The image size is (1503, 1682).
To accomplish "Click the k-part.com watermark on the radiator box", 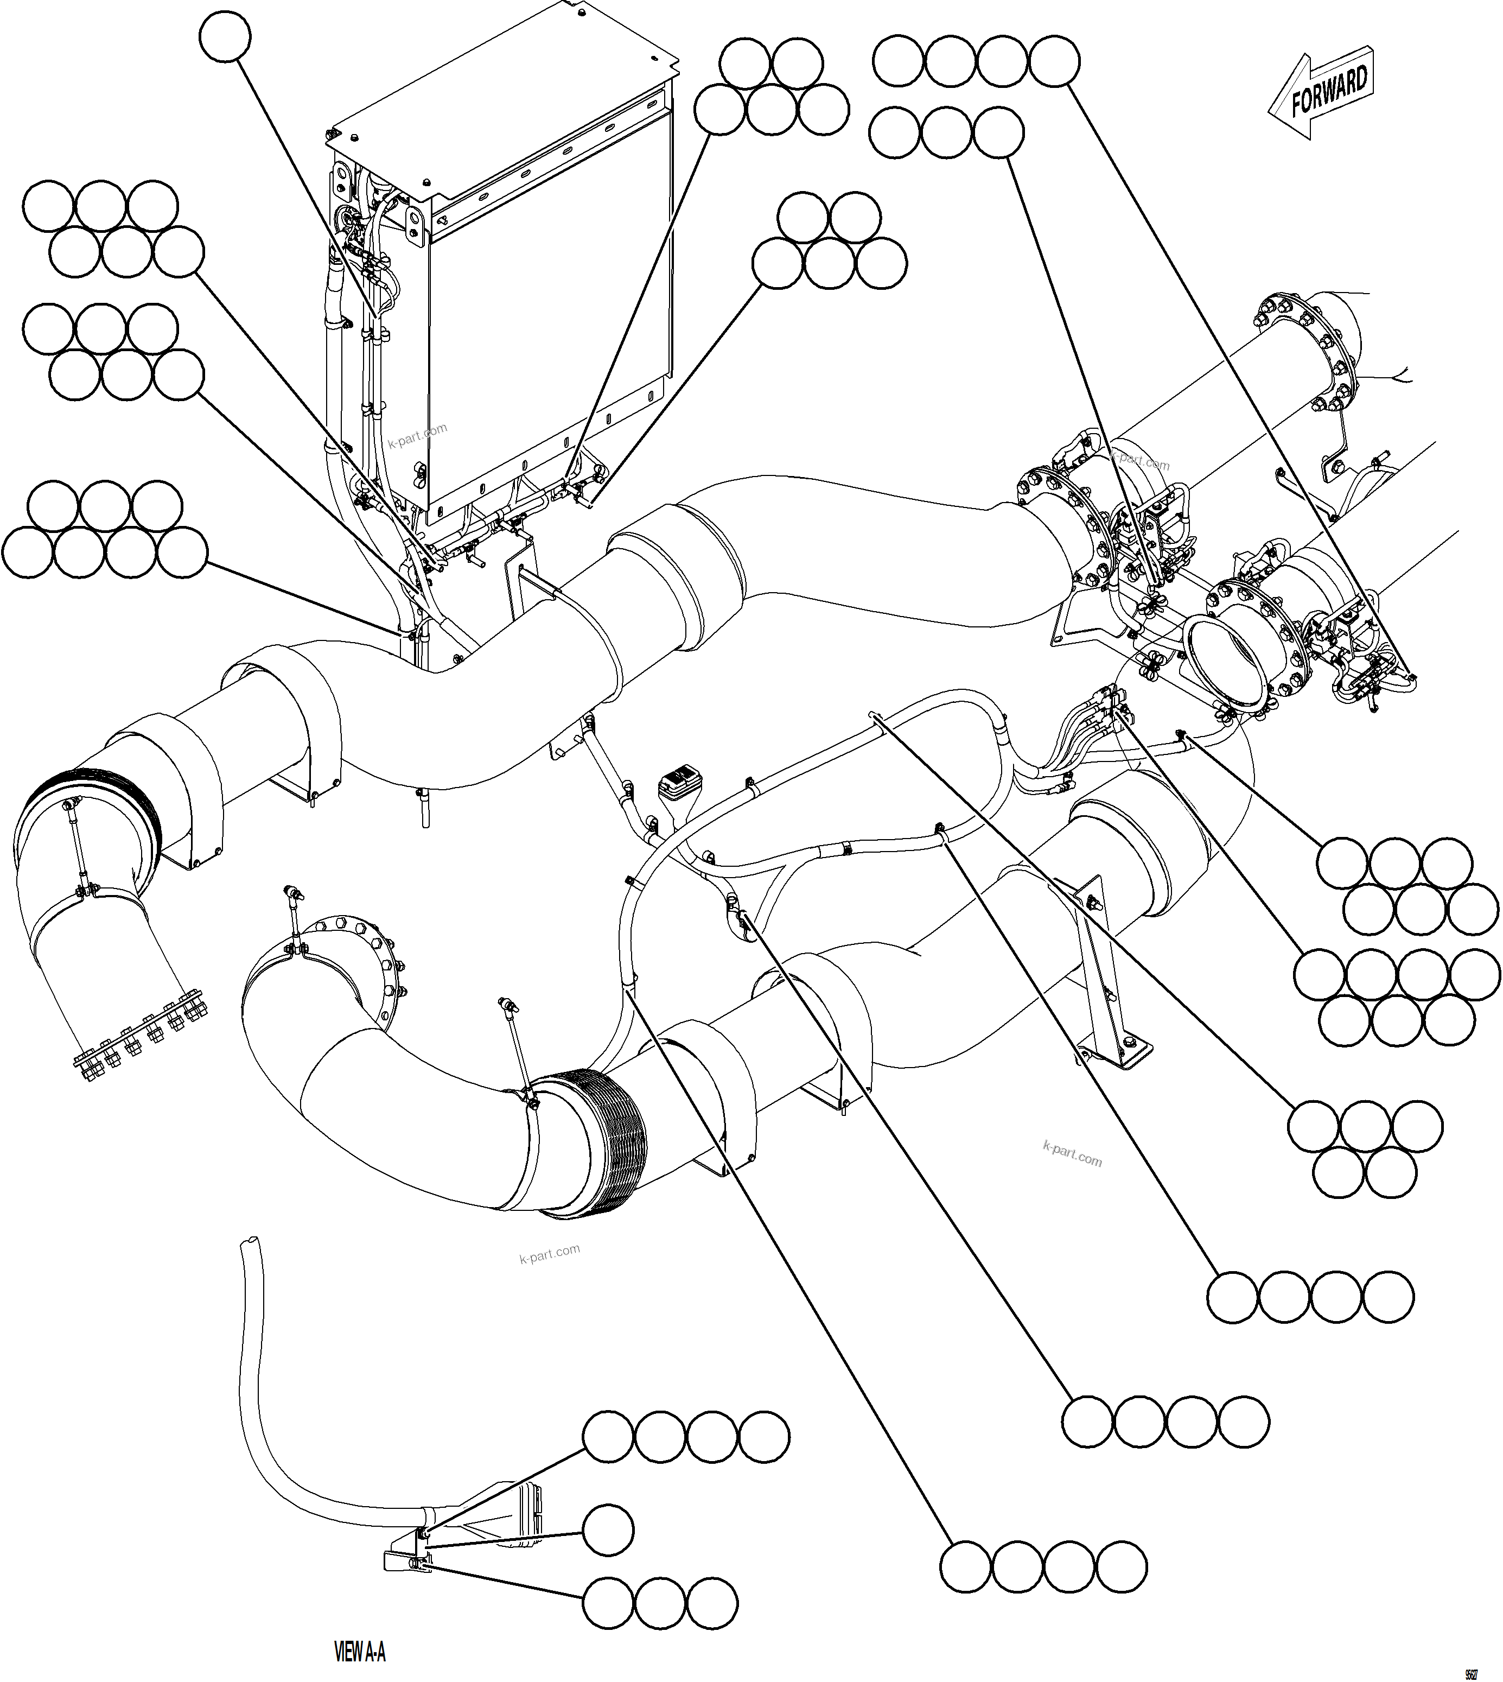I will (x=417, y=433).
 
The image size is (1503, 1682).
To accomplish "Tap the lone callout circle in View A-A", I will (x=609, y=1530).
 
